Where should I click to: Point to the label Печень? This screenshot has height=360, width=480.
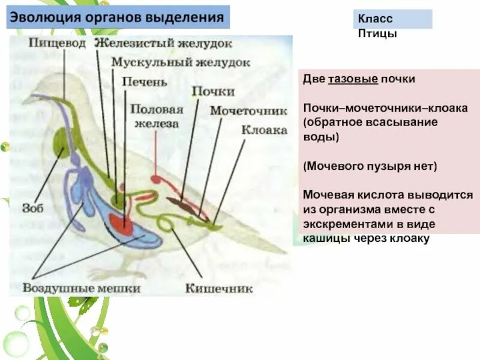(x=144, y=80)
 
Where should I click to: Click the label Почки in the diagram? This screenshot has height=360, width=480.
(x=213, y=91)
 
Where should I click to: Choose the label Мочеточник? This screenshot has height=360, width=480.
(x=238, y=110)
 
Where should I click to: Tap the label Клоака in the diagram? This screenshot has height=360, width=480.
(x=264, y=130)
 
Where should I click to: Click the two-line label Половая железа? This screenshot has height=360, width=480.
(x=156, y=116)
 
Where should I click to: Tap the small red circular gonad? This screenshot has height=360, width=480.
(x=156, y=179)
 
